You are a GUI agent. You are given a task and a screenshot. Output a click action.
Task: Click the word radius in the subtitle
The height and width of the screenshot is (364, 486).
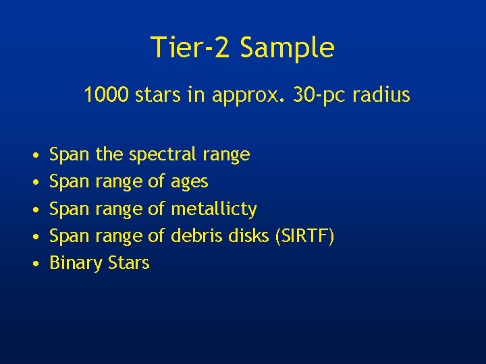click(x=381, y=95)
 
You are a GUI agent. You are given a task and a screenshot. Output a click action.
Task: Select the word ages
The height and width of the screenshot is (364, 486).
click(x=190, y=182)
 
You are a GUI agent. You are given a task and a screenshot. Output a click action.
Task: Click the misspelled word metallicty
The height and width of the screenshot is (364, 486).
click(x=213, y=209)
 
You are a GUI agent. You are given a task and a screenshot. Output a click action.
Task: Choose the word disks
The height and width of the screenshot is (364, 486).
click(x=250, y=236)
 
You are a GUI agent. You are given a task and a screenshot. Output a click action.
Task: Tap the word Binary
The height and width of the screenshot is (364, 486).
click(x=72, y=264)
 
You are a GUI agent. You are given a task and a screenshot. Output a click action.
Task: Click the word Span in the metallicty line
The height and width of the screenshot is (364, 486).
click(x=70, y=210)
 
